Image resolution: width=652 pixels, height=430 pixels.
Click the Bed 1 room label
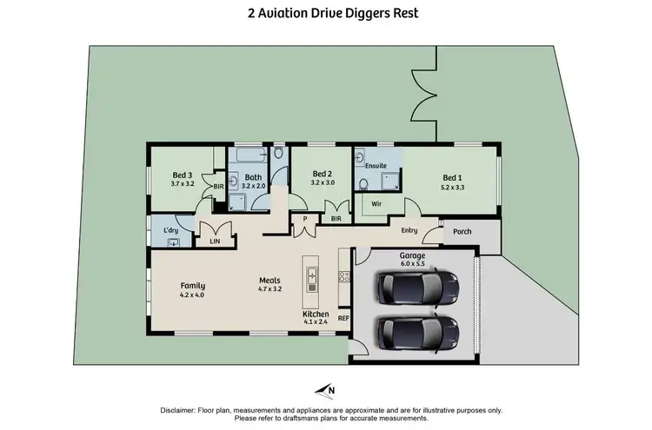click(453, 180)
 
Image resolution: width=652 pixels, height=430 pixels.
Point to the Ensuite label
click(376, 164)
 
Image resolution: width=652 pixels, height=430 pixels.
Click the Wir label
click(376, 204)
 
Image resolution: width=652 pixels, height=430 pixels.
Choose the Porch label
click(462, 231)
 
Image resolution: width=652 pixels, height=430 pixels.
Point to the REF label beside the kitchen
click(343, 319)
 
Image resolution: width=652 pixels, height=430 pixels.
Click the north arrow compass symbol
click(326, 389)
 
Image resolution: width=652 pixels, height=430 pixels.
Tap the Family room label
click(192, 289)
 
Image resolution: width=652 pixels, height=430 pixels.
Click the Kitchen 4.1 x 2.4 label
click(315, 318)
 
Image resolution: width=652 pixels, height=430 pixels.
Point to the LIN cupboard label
click(214, 241)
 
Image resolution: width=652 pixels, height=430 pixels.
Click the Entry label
click(409, 230)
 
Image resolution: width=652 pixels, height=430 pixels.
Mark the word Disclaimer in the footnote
click(180, 409)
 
